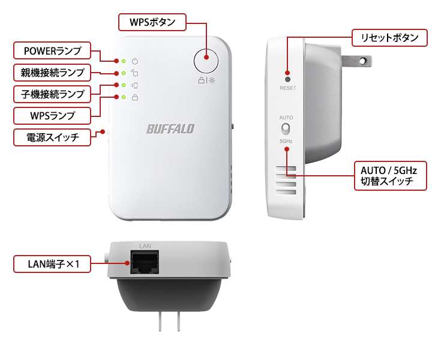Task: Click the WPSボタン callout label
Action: (153, 23)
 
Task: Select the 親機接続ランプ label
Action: (52, 73)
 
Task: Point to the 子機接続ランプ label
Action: (52, 94)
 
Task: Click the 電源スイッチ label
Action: (52, 137)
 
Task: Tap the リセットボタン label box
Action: (389, 38)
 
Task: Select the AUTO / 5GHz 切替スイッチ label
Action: (389, 175)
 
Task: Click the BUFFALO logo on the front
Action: (170, 128)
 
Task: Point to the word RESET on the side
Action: (287, 88)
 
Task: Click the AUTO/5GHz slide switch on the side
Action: (287, 129)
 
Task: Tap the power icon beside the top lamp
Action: (135, 61)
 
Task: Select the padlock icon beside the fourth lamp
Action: (135, 97)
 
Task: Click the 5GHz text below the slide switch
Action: (287, 141)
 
